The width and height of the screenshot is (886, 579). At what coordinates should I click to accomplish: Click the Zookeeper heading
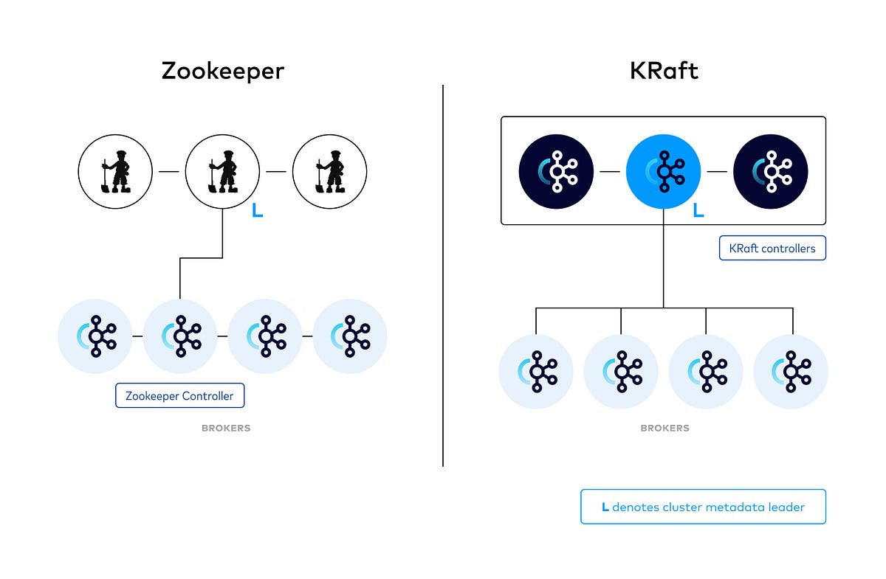223,71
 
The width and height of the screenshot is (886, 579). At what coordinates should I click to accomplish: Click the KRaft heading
664,71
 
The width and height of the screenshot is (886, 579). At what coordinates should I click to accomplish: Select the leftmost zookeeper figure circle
115,172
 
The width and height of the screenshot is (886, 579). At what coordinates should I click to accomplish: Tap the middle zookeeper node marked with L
221,172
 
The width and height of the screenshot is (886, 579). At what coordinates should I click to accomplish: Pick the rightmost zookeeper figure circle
329,172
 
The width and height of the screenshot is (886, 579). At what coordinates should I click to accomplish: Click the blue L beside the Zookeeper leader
257,211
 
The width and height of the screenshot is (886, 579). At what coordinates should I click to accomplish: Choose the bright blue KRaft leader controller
663,171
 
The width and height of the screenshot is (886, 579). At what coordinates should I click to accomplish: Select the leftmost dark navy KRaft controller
556,171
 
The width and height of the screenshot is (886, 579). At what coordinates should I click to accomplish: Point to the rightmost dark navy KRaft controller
770,171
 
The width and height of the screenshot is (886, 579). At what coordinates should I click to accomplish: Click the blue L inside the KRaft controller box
698,211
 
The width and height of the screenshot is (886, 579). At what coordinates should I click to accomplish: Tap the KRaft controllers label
772,248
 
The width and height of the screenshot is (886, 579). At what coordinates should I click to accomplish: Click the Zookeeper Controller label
179,396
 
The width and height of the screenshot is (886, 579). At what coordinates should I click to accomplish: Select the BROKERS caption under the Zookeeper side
226,428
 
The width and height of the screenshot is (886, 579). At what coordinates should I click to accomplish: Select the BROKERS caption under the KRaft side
664,428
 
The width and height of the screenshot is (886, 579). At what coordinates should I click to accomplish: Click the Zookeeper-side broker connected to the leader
179,336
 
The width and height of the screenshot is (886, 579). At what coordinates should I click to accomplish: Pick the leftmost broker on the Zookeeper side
95,336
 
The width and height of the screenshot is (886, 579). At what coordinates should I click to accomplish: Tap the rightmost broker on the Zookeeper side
350,336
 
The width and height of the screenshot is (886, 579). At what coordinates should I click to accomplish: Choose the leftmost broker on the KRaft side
536,372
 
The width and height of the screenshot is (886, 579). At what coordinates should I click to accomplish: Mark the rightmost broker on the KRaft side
791,372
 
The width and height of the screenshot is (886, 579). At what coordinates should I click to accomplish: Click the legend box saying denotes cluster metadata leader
703,507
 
